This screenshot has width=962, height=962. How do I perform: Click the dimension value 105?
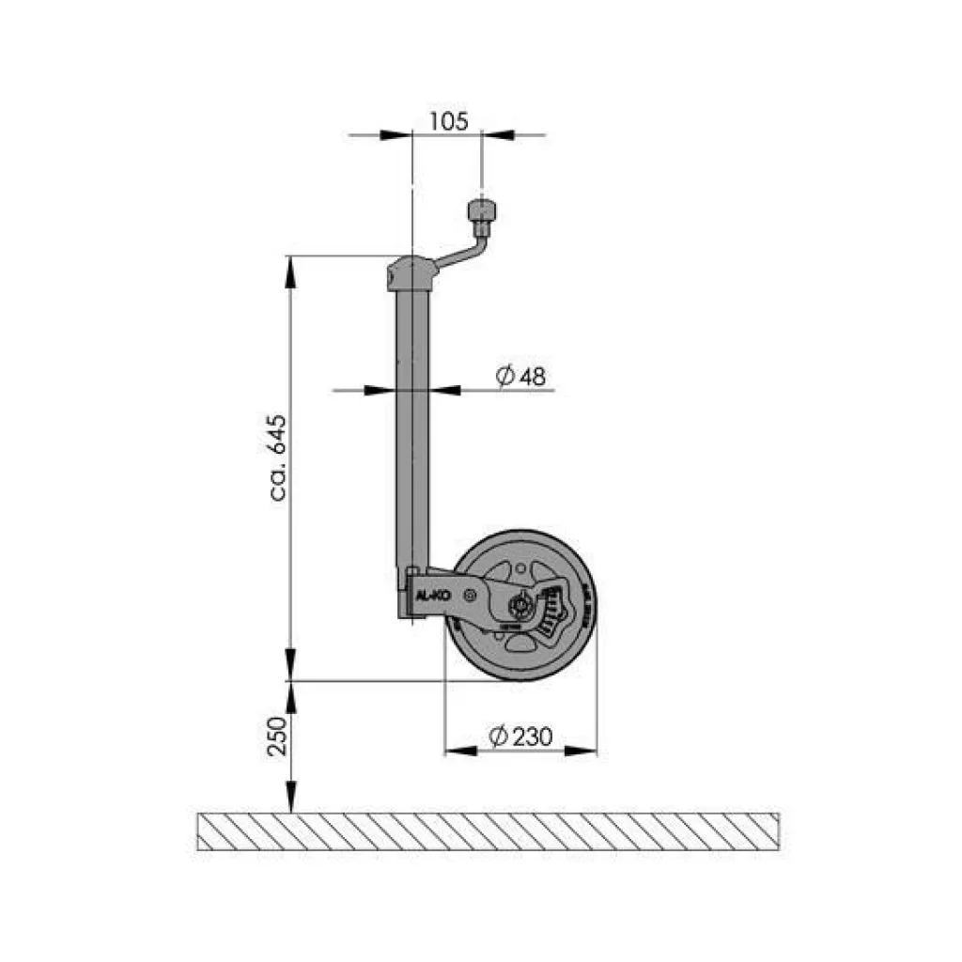(448, 121)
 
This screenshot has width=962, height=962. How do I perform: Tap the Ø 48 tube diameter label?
(520, 377)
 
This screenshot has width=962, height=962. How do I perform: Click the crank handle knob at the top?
(483, 209)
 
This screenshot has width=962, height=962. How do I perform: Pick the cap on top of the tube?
(411, 273)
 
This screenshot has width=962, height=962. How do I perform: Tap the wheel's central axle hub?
(518, 604)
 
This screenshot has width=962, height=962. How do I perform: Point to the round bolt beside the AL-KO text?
(469, 594)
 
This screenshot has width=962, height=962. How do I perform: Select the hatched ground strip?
(488, 830)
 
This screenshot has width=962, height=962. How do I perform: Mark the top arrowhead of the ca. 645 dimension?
(291, 271)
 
